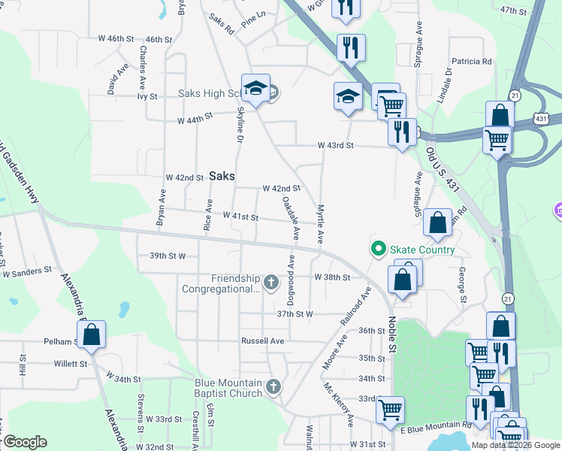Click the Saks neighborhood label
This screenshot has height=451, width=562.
222,176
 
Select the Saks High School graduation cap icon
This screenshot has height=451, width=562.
255,89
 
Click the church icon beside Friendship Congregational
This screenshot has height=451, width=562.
271,283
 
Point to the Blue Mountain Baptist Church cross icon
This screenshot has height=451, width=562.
273,387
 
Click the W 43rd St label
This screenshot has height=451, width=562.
335,145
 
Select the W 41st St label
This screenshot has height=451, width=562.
240,217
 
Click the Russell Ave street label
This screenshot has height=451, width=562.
262,341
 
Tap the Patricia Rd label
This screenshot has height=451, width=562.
471,62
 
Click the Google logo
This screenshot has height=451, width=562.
25,442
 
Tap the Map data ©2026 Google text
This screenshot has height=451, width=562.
515,445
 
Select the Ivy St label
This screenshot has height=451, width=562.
147,96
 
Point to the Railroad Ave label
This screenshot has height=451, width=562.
356,305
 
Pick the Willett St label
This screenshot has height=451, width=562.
71,364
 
